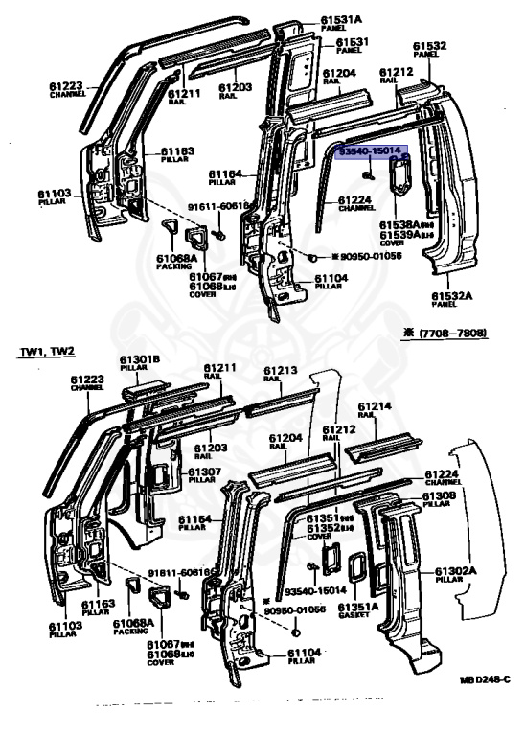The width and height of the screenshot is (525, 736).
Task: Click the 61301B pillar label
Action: (141, 361)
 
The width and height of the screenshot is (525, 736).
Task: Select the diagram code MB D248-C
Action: (488, 680)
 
